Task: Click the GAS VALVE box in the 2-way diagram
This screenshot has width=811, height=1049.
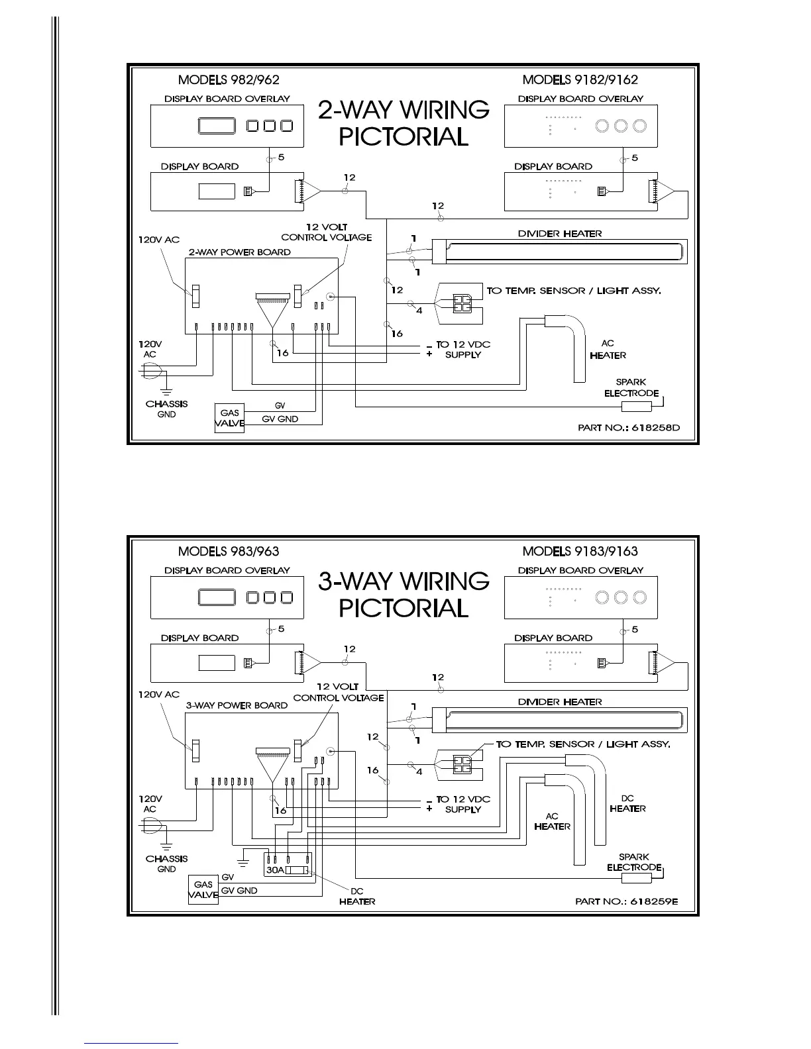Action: click(230, 418)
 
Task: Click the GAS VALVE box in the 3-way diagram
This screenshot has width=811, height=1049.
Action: click(203, 889)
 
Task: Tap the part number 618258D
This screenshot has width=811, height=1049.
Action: click(628, 428)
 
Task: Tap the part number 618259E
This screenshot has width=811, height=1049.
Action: click(627, 901)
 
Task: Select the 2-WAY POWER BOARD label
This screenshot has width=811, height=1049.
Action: click(239, 252)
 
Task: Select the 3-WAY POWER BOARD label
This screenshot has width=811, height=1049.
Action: click(237, 705)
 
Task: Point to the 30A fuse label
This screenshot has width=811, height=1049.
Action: click(274, 871)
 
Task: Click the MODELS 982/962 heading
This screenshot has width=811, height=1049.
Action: click(229, 80)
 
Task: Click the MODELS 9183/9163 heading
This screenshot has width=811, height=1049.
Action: click(580, 552)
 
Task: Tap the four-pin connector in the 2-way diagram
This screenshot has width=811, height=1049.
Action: click(459, 303)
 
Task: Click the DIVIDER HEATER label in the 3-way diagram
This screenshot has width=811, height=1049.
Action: click(560, 702)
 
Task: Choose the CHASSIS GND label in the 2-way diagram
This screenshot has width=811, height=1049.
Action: click(166, 409)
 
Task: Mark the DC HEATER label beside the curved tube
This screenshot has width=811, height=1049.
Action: click(627, 803)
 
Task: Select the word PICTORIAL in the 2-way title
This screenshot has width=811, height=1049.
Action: click(404, 137)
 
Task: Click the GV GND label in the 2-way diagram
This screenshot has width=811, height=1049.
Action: click(280, 419)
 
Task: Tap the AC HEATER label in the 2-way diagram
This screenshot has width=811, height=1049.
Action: click(608, 350)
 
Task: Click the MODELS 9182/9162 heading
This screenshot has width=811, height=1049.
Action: click(580, 80)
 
